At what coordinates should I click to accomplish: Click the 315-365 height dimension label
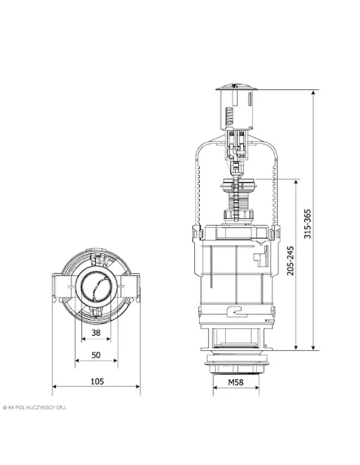(x=307, y=224)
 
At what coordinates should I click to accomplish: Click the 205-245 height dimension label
(x=291, y=260)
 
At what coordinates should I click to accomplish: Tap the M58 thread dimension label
(x=236, y=382)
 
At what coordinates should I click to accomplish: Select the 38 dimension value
(x=96, y=333)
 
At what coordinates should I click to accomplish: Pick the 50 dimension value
(x=96, y=355)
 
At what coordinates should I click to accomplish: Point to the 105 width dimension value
(x=97, y=381)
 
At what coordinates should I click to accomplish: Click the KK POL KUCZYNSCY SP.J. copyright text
(x=35, y=408)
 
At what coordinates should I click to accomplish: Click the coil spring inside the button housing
(x=229, y=116)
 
